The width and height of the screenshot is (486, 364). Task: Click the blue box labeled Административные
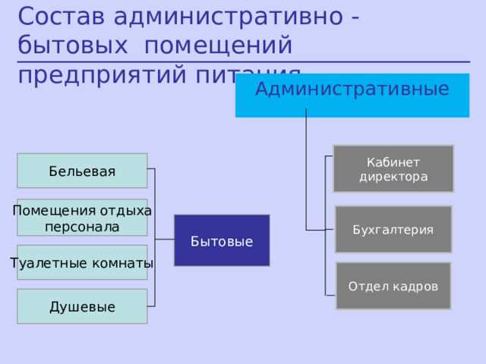click(352, 96)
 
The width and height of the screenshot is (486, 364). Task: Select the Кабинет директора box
click(393, 168)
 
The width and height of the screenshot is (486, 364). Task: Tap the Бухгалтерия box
click(393, 229)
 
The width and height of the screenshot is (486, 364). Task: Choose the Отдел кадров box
click(393, 286)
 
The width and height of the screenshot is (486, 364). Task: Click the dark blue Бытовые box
click(221, 240)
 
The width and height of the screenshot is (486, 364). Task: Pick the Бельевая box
click(83, 171)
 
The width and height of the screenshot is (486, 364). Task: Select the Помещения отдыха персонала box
click(83, 218)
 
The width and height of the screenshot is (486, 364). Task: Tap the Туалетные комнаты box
click(83, 263)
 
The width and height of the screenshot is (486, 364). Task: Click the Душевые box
click(83, 306)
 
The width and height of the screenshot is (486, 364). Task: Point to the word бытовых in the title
click(72, 45)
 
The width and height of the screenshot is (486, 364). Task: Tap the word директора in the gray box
click(393, 177)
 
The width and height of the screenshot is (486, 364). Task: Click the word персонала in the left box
click(82, 227)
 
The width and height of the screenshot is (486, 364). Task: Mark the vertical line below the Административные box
click(306, 167)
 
